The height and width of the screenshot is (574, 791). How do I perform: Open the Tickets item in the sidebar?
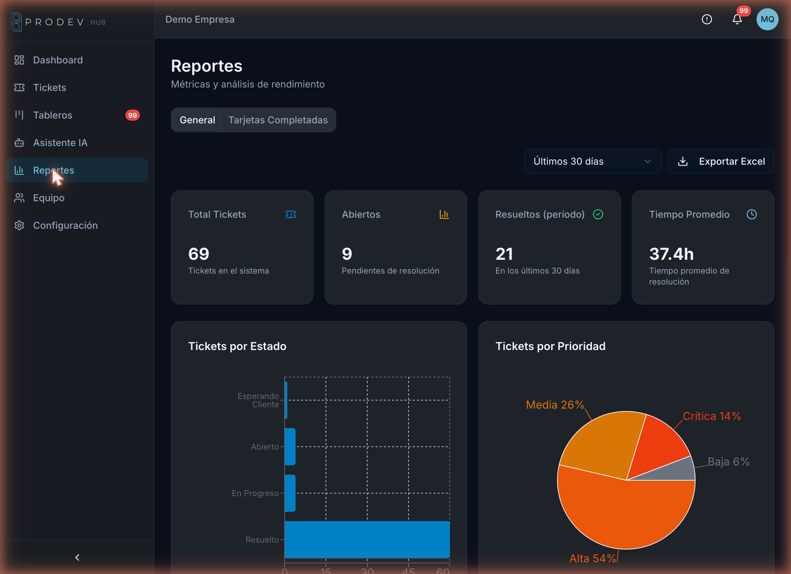click(50, 88)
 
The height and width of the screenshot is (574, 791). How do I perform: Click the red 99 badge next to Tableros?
click(133, 115)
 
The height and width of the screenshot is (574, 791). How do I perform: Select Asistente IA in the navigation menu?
click(60, 143)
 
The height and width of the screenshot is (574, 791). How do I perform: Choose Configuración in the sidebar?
click(65, 225)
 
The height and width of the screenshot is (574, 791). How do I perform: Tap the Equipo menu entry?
click(49, 198)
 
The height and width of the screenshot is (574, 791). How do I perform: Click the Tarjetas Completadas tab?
click(278, 120)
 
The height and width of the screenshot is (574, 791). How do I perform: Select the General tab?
click(197, 120)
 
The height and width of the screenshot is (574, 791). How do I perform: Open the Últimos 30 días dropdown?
click(593, 161)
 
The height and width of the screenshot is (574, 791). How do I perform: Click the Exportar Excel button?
click(721, 161)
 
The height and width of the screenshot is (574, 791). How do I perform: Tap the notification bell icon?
click(737, 19)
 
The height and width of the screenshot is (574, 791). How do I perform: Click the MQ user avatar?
click(767, 19)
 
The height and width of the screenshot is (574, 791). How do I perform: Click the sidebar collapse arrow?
click(77, 557)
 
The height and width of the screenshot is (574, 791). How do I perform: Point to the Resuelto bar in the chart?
click(367, 540)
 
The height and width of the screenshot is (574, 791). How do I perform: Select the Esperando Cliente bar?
click(286, 400)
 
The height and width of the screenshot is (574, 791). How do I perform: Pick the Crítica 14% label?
click(712, 416)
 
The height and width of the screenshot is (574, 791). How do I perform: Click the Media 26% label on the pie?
click(555, 404)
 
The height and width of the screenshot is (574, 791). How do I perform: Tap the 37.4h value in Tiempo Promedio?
click(671, 254)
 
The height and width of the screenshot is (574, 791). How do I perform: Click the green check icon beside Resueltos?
click(598, 214)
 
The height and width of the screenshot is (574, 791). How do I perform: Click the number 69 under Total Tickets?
click(199, 254)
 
